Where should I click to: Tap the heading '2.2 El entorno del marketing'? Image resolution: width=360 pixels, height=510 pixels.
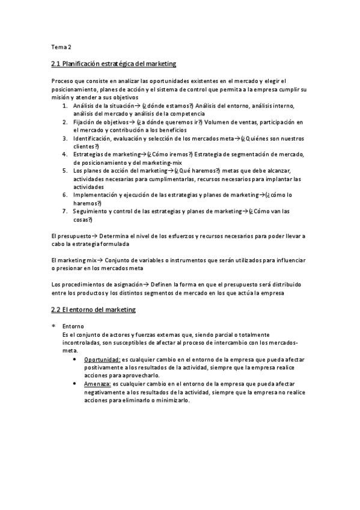point(94,310)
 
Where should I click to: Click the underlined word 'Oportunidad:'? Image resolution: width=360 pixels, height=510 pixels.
point(102,359)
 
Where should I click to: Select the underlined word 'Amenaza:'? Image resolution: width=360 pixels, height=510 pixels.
point(99,383)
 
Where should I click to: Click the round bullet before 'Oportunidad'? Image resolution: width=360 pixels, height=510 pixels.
point(75,359)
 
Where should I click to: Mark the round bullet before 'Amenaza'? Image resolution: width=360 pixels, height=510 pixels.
point(75,383)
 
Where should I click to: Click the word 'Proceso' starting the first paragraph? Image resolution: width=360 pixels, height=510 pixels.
point(63,81)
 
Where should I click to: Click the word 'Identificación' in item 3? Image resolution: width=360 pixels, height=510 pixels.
point(91,138)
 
